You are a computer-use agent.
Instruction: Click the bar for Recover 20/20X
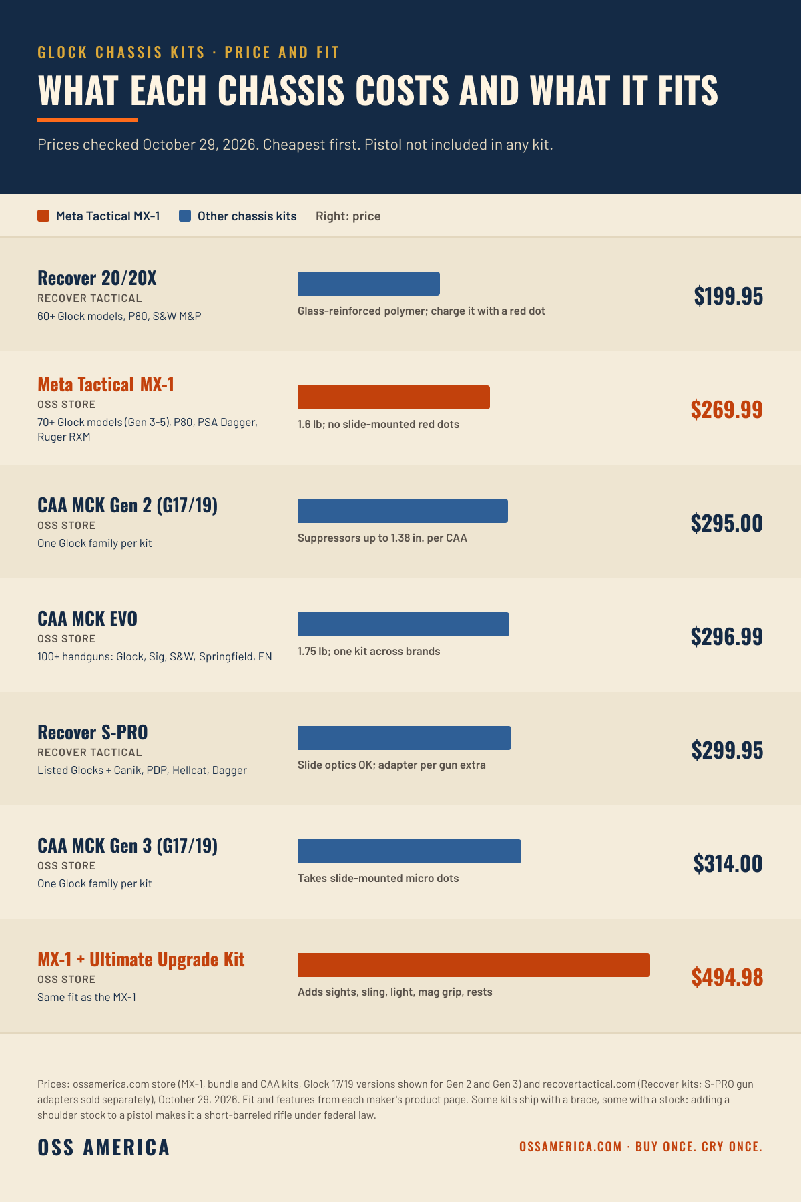coord(368,284)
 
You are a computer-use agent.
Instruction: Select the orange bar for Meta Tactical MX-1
coord(394,397)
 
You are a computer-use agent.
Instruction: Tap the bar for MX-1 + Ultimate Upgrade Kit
coord(474,965)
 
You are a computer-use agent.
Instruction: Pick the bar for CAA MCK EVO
coord(403,624)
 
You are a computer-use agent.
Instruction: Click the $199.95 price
coord(728,296)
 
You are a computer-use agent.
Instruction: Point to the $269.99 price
coord(727,409)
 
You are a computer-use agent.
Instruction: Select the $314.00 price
coord(728,863)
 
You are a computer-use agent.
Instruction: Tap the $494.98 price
coord(727,977)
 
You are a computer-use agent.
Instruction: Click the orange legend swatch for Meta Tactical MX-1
coord(43,216)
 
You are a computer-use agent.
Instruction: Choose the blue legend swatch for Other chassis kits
coord(185,216)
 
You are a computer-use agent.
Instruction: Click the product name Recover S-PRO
coord(93,732)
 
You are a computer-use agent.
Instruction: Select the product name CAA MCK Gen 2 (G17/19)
coord(127,506)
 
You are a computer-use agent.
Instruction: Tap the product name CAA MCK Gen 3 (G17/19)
coord(127,846)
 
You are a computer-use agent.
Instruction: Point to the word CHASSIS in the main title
coord(281,90)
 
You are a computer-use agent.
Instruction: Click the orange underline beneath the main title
coord(87,120)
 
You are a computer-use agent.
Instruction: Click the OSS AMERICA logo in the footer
coord(104,1147)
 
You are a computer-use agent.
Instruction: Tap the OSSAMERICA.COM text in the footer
coord(571,1147)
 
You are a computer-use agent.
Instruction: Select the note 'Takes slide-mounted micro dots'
coord(378,878)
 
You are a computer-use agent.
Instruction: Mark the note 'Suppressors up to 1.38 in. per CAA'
coord(382,538)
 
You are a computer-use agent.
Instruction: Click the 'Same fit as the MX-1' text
coord(87,997)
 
